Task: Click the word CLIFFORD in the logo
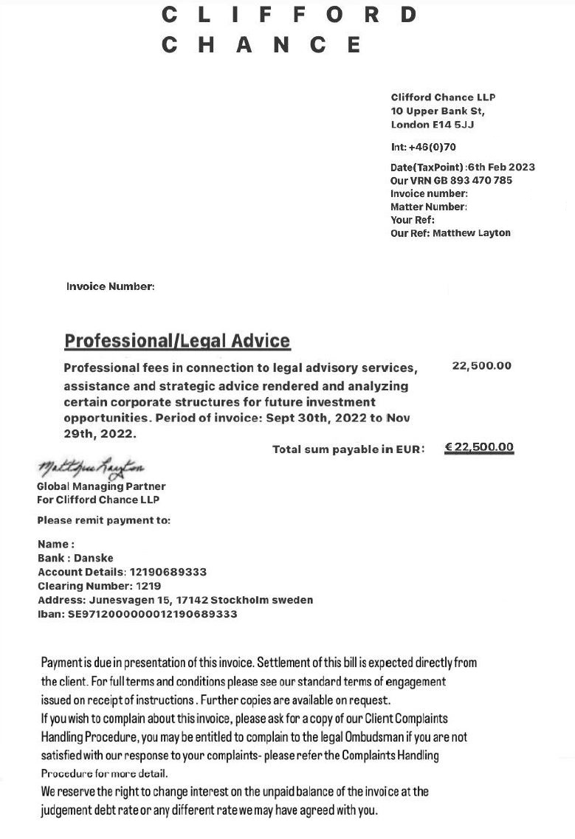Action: [x=289, y=14]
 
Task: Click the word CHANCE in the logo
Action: [x=261, y=45]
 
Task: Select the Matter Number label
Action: [x=428, y=207]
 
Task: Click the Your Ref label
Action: [x=412, y=220]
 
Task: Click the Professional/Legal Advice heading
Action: [x=177, y=341]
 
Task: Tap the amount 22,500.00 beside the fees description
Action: [x=481, y=366]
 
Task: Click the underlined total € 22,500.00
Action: [x=479, y=447]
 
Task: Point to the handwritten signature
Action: [x=90, y=468]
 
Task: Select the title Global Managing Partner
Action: [x=101, y=486]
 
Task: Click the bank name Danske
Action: [x=94, y=559]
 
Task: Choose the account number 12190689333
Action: [x=168, y=572]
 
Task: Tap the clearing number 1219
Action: [x=145, y=586]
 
